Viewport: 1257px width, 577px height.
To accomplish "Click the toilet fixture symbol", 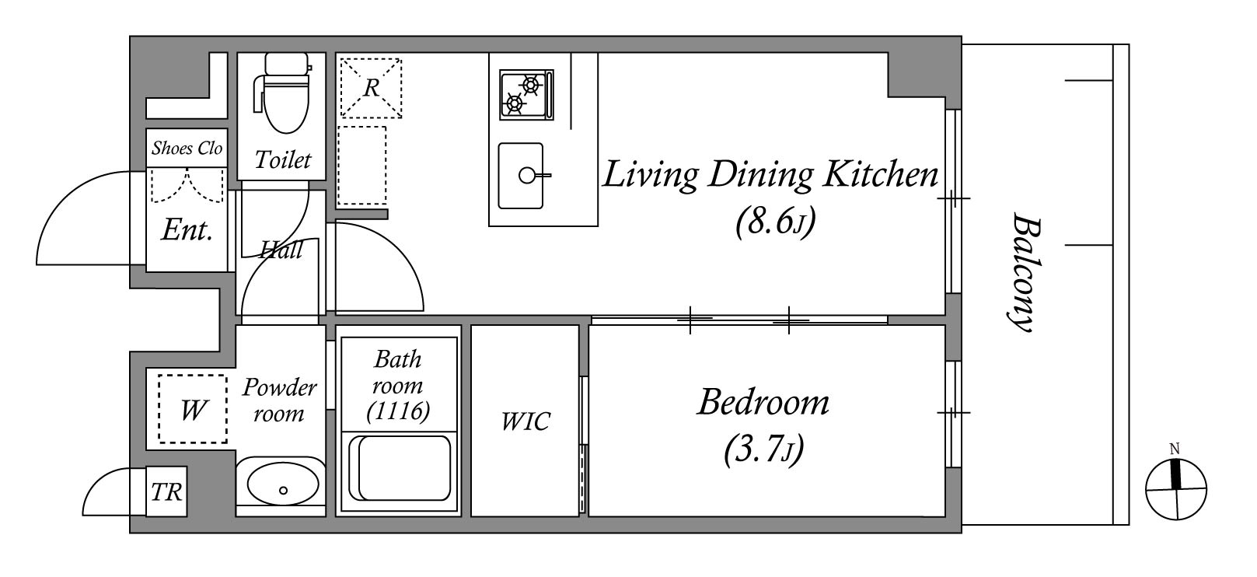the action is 284,93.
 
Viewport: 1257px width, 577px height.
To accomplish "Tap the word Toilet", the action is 283,160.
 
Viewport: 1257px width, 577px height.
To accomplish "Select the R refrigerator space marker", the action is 371,88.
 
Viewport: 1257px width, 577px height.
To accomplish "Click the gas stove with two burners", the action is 526,95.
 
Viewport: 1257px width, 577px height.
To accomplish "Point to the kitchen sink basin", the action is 521,176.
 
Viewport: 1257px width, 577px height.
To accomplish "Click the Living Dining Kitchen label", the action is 770,175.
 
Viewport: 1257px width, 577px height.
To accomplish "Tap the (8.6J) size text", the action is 775,222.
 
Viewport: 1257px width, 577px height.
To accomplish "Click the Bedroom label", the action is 763,402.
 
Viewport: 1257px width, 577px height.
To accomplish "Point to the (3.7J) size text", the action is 763,449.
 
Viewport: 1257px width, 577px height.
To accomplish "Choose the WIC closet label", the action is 525,421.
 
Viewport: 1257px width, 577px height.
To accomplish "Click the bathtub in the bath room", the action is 399,469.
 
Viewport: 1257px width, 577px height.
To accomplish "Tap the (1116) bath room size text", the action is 399,411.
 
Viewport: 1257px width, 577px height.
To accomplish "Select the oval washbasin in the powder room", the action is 283,483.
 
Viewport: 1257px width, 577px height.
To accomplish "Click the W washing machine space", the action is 193,409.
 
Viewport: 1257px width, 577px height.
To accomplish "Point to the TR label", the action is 166,492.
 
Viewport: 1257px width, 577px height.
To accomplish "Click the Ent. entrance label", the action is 187,230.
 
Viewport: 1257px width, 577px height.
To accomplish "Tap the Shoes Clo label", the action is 187,148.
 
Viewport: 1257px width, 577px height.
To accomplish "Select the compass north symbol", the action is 1175,489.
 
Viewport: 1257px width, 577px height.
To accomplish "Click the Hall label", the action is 281,249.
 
